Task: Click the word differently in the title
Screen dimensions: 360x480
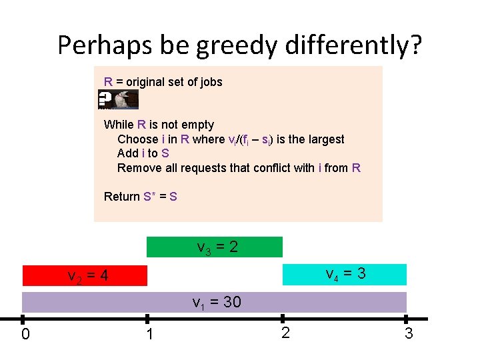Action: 353,45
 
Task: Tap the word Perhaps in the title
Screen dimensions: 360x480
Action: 105,45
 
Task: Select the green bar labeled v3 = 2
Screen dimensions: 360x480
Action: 215,247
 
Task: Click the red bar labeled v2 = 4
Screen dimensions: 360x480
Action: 85,275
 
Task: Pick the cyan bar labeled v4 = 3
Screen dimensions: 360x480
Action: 344,274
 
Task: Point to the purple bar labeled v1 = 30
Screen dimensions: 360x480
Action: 215,302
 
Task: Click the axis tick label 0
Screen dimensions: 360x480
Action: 25,334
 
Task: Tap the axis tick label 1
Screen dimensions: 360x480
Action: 150,334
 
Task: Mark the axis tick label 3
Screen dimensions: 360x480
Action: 409,333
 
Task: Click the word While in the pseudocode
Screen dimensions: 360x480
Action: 119,125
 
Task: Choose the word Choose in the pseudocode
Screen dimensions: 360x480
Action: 137,139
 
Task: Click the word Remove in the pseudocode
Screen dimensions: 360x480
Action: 138,168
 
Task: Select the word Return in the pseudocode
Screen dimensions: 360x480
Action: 122,197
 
